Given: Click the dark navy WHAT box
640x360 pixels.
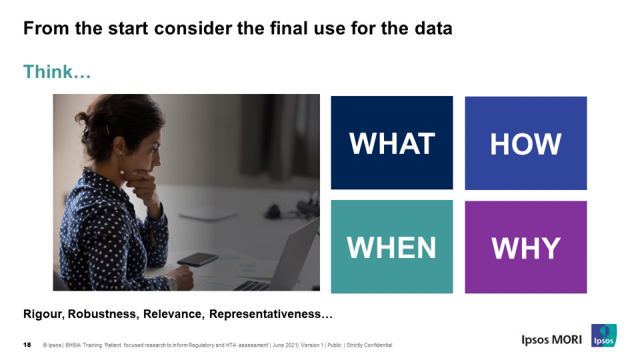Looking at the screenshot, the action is tap(392, 143).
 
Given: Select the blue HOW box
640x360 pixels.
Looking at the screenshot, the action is tap(526, 143).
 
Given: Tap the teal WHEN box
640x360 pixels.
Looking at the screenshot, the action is tap(392, 247).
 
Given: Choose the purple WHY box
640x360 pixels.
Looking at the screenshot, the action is tap(526, 247).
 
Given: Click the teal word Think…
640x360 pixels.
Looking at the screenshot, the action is tap(57, 72).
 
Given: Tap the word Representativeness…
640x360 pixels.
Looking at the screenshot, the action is tap(271, 314).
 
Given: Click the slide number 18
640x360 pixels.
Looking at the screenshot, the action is tap(27, 345).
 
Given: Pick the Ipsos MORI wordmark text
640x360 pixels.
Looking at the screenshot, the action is tap(551, 339).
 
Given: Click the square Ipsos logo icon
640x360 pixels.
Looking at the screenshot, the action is tap(604, 335).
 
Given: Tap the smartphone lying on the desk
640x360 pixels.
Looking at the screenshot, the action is tap(197, 259).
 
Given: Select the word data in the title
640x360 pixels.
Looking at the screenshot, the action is tap(433, 29).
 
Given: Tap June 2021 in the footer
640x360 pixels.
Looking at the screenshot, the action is tap(285, 345).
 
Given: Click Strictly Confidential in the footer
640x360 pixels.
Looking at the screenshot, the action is tap(369, 345).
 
